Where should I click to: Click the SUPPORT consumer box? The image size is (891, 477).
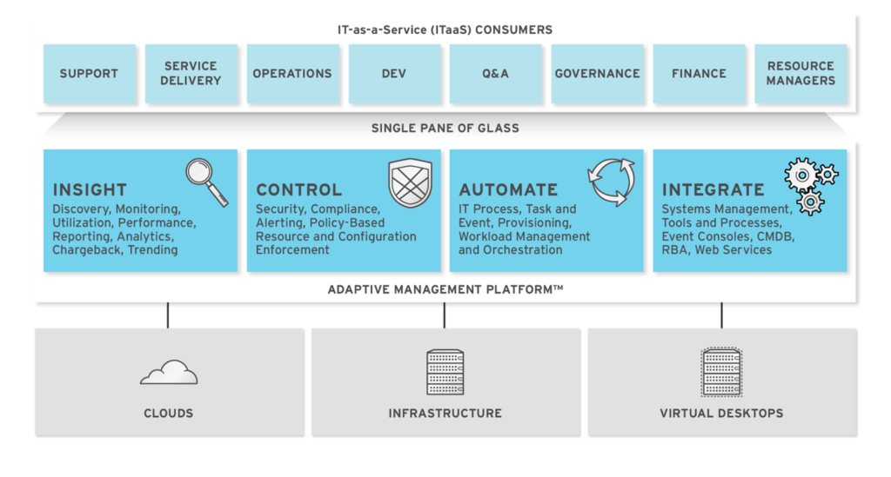tap(89, 74)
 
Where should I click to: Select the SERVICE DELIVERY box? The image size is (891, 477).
tap(191, 74)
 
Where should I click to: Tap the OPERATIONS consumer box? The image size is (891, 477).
tap(292, 74)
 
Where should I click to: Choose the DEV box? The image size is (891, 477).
tap(393, 74)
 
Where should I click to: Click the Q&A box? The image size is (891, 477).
tap(495, 74)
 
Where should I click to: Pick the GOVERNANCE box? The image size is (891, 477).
tap(597, 74)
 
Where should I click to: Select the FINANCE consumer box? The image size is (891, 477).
tap(699, 74)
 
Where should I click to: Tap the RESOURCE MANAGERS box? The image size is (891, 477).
tap(801, 74)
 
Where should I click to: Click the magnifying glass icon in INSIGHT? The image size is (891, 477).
tap(207, 181)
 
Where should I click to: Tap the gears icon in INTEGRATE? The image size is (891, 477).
tap(809, 184)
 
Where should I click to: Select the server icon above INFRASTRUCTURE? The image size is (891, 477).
tap(445, 372)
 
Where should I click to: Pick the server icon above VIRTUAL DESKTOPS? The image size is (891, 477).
tap(721, 372)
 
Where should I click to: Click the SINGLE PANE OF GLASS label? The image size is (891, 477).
tap(445, 129)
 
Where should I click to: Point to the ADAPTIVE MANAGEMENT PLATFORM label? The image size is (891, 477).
tap(445, 289)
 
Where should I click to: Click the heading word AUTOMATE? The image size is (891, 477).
tap(508, 189)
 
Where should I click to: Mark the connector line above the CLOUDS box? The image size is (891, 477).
tap(168, 315)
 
